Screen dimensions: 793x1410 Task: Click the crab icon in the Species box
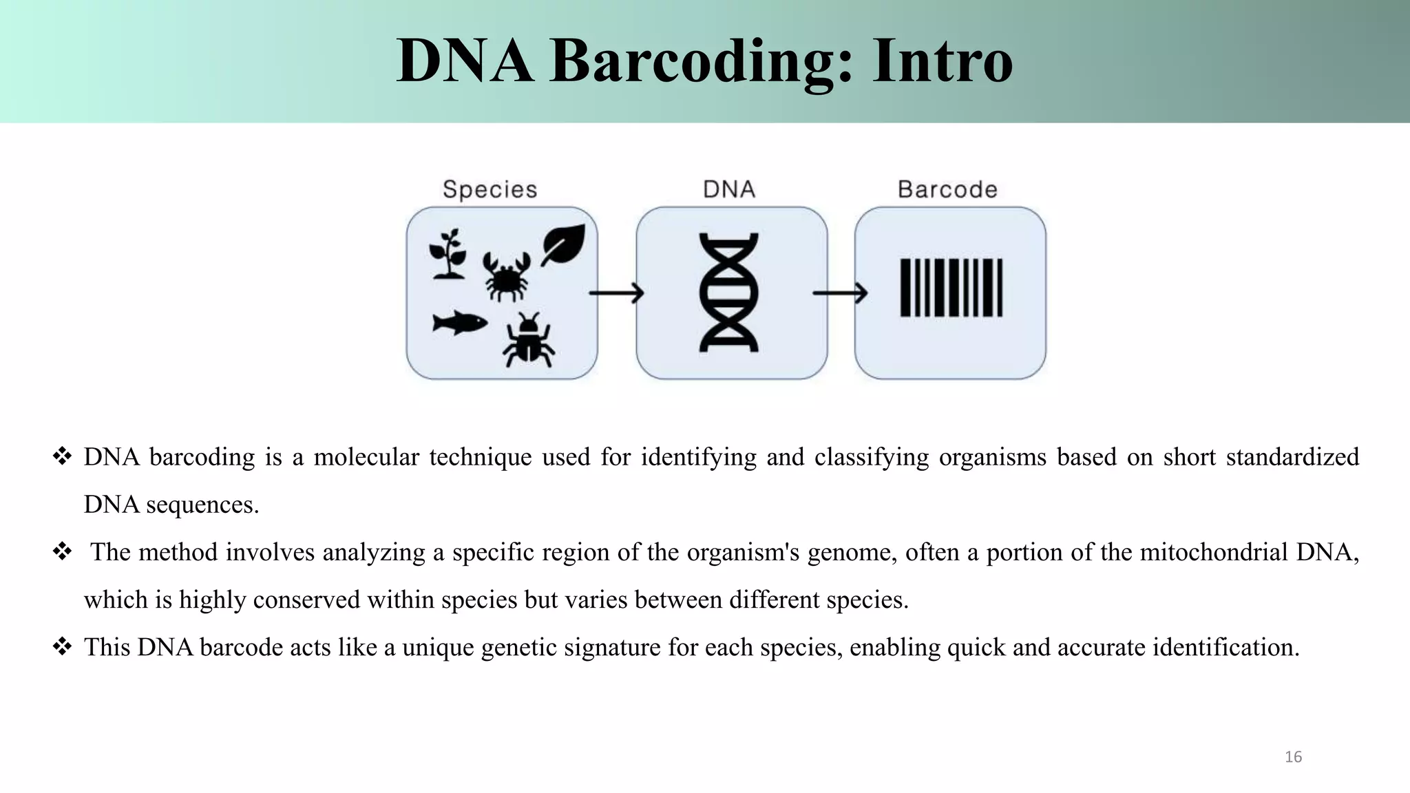(506, 276)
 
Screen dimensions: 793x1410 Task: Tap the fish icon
(459, 322)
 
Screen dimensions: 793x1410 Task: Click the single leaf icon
(563, 244)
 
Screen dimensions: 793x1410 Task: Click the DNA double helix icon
(729, 293)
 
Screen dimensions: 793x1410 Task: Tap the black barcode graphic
(951, 288)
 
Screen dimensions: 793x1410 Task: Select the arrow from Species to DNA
(616, 293)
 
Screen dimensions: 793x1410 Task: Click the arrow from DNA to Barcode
(840, 293)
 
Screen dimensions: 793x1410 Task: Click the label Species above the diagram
(490, 189)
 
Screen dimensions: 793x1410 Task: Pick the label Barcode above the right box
(947, 189)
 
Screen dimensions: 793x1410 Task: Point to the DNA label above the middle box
(729, 189)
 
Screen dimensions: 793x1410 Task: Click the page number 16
(1293, 757)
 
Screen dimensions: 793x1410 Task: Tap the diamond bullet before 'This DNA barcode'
(62, 647)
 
